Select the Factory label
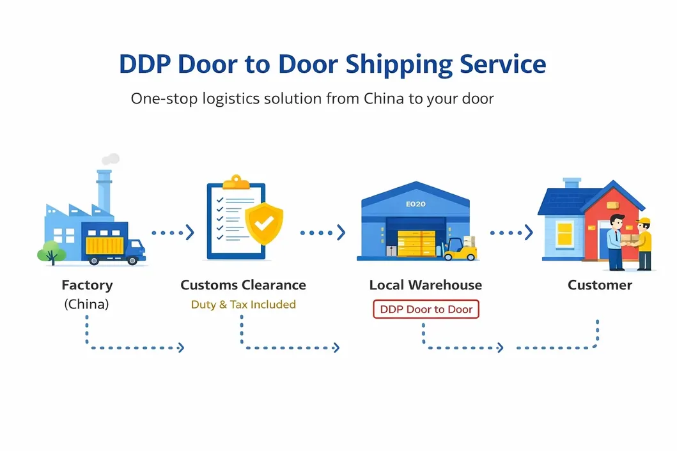coord(87,285)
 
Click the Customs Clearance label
coord(243,285)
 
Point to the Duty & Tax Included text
coord(243,305)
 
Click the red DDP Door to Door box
coord(426,309)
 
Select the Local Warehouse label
coord(426,285)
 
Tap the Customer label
coord(600,285)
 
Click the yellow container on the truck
coord(106,245)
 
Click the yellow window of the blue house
coord(564,234)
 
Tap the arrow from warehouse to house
coord(511,233)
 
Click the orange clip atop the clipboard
coord(236,181)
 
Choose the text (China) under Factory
coord(86,305)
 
